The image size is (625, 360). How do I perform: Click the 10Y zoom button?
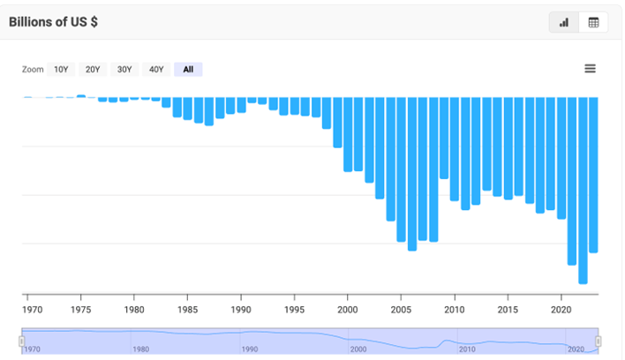tap(61, 70)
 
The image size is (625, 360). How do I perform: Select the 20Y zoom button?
tap(93, 70)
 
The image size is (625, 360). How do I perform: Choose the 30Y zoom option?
tap(124, 70)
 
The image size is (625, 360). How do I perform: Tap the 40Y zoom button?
tap(156, 70)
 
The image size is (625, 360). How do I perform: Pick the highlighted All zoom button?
tap(188, 70)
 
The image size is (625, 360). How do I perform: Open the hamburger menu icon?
tap(590, 69)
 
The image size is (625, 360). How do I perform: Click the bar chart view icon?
tap(564, 22)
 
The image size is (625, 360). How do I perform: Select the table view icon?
tap(593, 22)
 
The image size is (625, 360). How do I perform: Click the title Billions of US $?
tap(53, 22)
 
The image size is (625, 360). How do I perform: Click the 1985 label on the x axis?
tap(188, 310)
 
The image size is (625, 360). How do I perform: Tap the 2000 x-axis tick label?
tap(348, 310)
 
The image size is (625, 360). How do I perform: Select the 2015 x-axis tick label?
tap(508, 310)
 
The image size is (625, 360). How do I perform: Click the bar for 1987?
tap(209, 111)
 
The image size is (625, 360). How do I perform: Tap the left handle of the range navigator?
tap(22, 341)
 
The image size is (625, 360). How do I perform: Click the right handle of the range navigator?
tap(598, 341)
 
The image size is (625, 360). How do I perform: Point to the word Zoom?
tap(33, 70)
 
